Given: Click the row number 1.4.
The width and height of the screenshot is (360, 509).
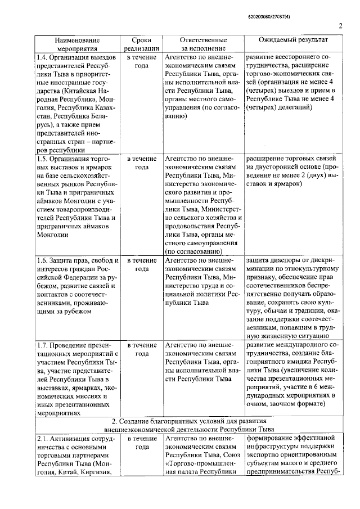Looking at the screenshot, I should pos(41,58).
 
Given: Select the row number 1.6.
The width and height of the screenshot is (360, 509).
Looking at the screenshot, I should pos(41,260).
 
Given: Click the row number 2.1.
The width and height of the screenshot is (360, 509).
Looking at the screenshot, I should pos(41,438).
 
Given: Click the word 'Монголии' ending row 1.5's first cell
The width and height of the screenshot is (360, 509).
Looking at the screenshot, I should pos(52,235).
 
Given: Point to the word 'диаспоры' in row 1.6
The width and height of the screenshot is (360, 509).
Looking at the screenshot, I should pos(286,260).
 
